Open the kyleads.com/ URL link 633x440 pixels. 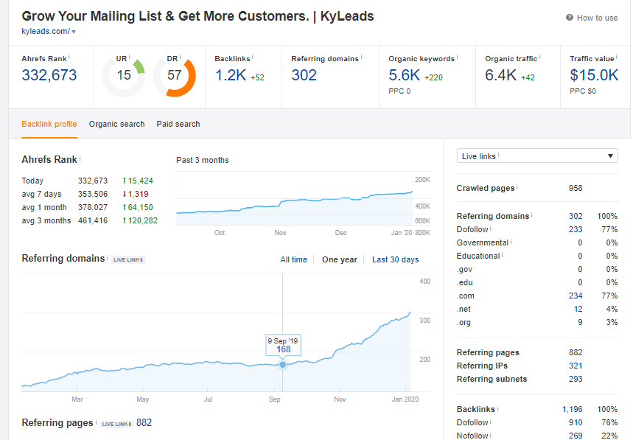click(46, 31)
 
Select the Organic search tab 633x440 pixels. click(116, 124)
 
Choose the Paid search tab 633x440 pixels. click(178, 124)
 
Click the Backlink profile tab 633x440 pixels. click(49, 124)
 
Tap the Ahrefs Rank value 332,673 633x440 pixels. click(49, 75)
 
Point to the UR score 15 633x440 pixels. click(123, 75)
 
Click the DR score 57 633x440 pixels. click(175, 75)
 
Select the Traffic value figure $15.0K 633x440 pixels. click(594, 75)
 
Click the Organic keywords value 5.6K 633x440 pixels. click(405, 75)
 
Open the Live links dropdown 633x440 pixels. click(537, 156)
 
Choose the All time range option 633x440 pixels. click(293, 259)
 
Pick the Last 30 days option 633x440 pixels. click(395, 259)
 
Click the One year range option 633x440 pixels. click(340, 259)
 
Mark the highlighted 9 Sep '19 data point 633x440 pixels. click(283, 364)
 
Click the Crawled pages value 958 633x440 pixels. click(576, 188)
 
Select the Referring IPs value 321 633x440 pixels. click(576, 366)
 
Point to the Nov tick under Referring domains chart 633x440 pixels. click(340, 399)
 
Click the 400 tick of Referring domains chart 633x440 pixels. click(424, 282)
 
